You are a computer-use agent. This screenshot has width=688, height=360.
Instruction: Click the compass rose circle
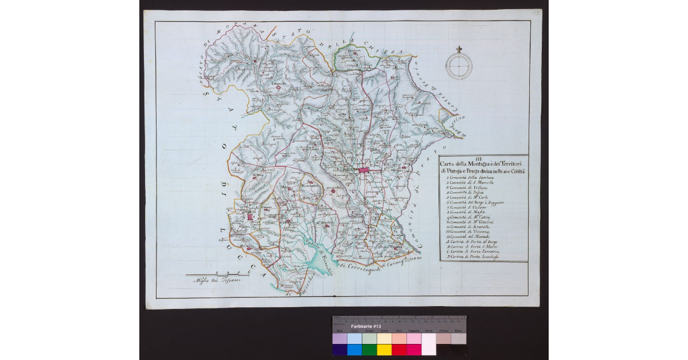pyautogui.click(x=459, y=67)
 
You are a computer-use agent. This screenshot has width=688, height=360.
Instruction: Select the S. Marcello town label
pyautogui.click(x=279, y=84)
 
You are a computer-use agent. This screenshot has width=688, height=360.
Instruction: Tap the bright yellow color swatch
pyautogui.click(x=384, y=350)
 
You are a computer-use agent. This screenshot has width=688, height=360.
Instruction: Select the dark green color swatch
pyautogui.click(x=369, y=350)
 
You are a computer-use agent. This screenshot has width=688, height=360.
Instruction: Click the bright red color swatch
pyautogui.click(x=398, y=350)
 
